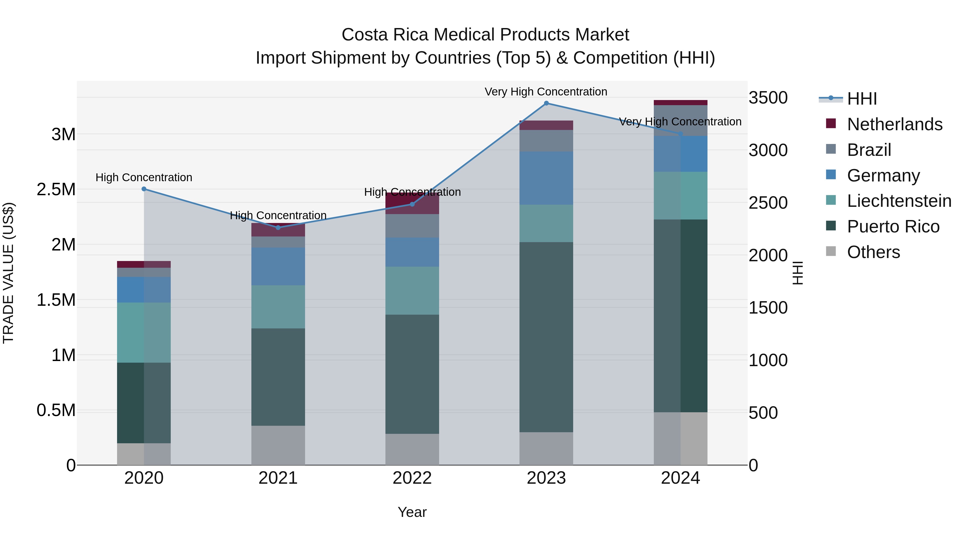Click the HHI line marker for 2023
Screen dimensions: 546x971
546,103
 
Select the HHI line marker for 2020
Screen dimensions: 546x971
144,189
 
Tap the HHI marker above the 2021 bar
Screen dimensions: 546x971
278,228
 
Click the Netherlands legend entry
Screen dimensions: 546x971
894,124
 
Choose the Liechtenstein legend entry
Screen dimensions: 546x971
899,201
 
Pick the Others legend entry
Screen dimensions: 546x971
873,252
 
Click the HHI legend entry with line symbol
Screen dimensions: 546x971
862,99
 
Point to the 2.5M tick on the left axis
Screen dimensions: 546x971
56,190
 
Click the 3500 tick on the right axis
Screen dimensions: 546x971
768,98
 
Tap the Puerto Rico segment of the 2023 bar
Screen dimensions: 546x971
546,337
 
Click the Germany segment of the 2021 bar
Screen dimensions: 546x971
278,266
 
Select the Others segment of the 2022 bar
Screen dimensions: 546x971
412,449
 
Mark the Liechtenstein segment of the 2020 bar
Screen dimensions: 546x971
144,333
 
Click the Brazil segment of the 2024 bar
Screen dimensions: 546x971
681,121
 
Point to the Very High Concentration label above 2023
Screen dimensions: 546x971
546,92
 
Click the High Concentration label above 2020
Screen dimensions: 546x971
144,177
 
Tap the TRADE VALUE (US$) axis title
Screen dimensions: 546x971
8,273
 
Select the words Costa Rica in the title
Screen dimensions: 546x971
384,35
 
